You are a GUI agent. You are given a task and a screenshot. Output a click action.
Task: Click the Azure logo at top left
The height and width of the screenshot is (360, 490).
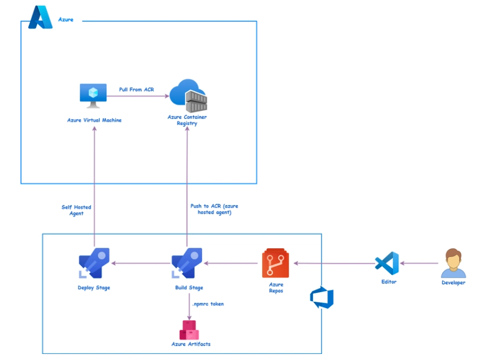41,17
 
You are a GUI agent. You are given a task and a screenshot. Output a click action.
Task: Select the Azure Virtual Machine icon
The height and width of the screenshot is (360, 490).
94,95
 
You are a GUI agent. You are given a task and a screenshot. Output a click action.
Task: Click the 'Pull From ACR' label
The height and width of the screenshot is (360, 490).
136,89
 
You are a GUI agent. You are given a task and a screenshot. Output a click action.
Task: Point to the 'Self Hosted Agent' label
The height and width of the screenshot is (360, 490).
76,210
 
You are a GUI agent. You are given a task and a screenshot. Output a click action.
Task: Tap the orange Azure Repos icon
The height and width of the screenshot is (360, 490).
275,263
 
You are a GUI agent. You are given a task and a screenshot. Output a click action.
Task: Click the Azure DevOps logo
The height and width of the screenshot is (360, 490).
321,298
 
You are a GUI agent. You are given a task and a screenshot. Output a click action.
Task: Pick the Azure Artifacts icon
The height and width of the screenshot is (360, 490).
190,329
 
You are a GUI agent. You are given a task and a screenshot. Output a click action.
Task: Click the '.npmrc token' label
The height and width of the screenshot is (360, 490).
208,304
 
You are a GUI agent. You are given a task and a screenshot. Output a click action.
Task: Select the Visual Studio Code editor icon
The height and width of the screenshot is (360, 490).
387,263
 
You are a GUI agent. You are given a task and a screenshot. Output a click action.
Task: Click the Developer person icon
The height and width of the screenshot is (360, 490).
453,263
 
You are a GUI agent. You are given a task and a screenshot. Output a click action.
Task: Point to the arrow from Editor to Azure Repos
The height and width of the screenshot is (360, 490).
332,263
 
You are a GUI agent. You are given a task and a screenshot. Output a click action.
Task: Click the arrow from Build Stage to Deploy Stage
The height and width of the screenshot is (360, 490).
140,263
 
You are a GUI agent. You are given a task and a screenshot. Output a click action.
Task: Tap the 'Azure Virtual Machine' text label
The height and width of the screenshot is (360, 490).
94,120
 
